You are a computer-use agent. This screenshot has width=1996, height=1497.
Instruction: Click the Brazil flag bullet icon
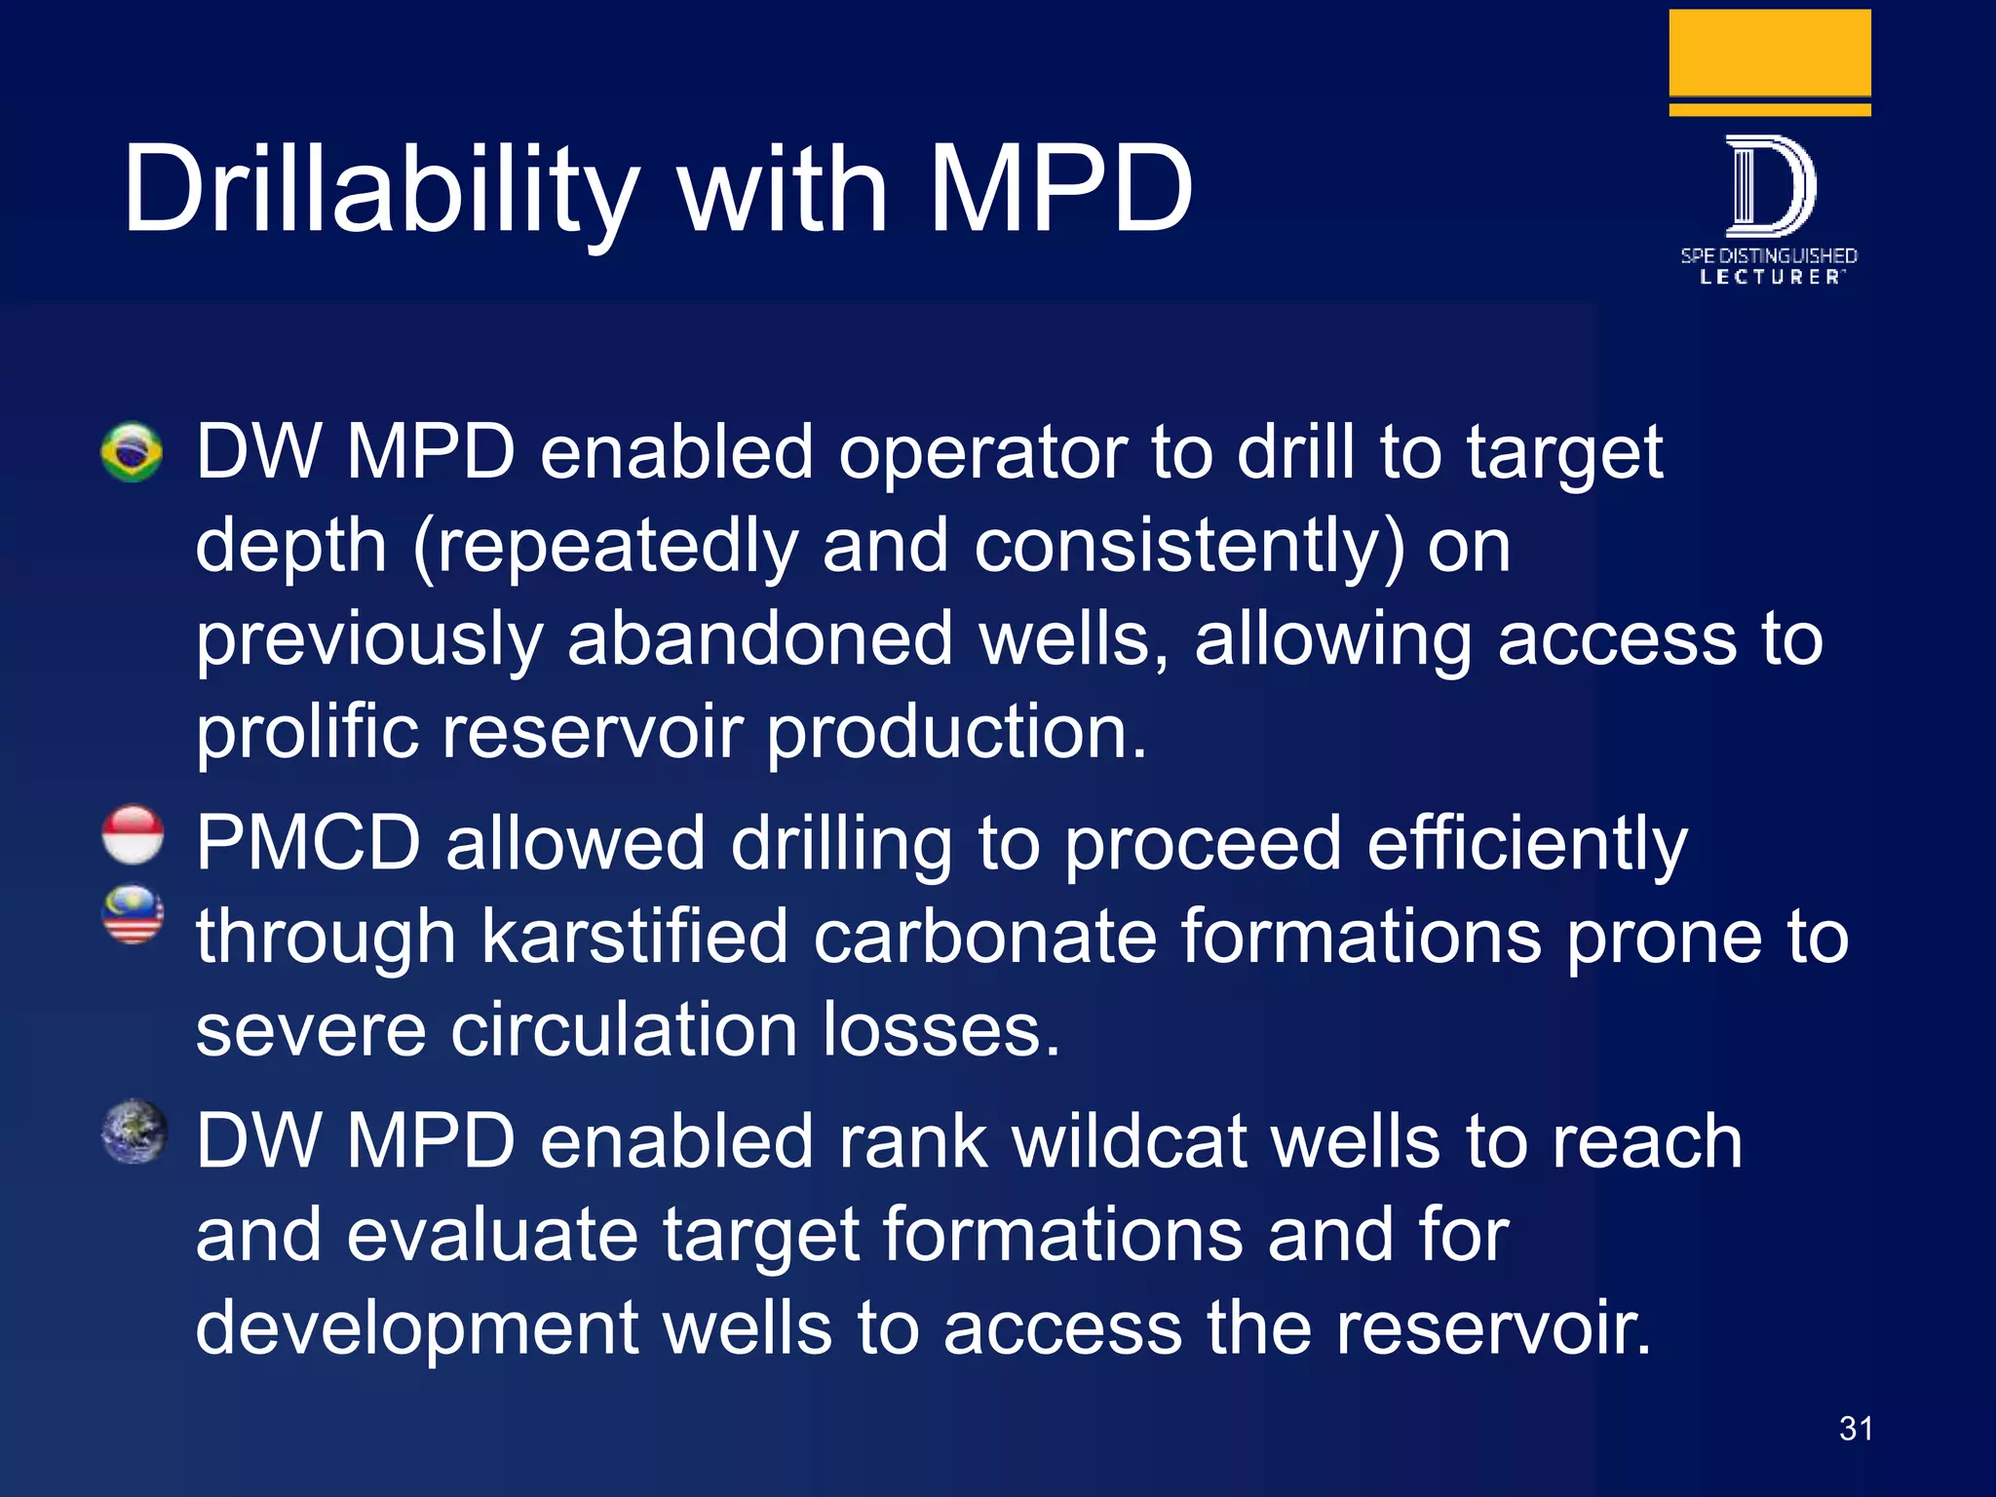click(x=132, y=451)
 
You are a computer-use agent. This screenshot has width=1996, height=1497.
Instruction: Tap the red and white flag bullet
click(x=133, y=835)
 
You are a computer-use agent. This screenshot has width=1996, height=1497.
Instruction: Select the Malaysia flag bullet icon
click(x=133, y=914)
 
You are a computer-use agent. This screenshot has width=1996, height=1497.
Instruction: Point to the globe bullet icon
click(x=134, y=1132)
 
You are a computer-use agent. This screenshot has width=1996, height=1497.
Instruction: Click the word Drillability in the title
click(x=380, y=190)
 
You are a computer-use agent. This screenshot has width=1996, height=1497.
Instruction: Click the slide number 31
click(x=1856, y=1429)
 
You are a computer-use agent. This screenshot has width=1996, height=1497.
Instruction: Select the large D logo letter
click(x=1769, y=186)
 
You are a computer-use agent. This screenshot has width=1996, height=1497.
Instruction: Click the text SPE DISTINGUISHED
click(x=1769, y=255)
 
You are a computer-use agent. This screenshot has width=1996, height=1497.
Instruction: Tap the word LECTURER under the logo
click(x=1769, y=278)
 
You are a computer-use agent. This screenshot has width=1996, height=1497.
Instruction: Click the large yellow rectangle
click(x=1769, y=53)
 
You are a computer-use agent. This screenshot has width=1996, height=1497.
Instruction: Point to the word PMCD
click(x=308, y=843)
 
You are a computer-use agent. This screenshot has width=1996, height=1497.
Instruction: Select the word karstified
click(x=633, y=937)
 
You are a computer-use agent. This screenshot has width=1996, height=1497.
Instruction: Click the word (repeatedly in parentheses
click(x=604, y=546)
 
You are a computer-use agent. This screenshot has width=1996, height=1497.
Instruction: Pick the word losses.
click(x=940, y=1030)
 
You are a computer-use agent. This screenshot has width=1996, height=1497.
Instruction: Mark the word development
click(x=417, y=1328)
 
